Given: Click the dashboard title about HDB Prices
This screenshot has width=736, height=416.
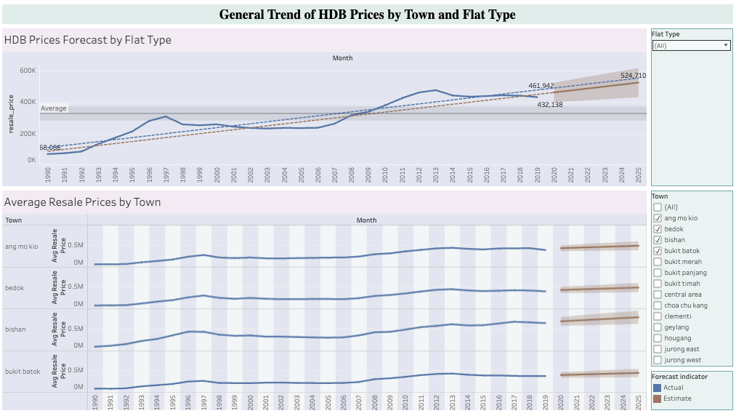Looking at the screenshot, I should point(367,15).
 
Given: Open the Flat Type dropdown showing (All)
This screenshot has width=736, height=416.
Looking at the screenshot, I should point(691,45).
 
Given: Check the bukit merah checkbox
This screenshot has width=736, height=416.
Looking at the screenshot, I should point(658,262).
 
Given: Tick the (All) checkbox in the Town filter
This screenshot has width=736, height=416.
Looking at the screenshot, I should point(658,207).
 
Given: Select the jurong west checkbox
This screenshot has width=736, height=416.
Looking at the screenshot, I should point(658,360).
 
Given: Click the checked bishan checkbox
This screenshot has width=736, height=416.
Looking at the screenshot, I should point(658,240).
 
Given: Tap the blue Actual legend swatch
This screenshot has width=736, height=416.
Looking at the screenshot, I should point(657,388).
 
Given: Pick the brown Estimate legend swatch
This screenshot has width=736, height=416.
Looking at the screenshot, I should point(657,399).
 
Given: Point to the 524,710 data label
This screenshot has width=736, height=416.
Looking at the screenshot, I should point(633,76).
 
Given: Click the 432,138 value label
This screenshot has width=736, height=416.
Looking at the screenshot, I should point(550,105).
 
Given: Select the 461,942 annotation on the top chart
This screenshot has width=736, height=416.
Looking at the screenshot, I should point(541,86).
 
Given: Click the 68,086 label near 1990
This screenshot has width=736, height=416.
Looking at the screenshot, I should point(50,148).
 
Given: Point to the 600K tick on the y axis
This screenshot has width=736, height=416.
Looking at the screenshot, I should point(28,71).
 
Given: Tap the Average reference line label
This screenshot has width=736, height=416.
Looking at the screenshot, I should point(54,108).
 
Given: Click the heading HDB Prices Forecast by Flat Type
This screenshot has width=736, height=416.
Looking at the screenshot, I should point(88,40).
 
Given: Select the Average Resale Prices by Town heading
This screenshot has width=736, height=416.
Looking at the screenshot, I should point(82,202).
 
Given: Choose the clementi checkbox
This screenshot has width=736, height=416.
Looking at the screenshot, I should point(658,316).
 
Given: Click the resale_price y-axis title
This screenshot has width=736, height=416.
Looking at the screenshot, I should point(11,116).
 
